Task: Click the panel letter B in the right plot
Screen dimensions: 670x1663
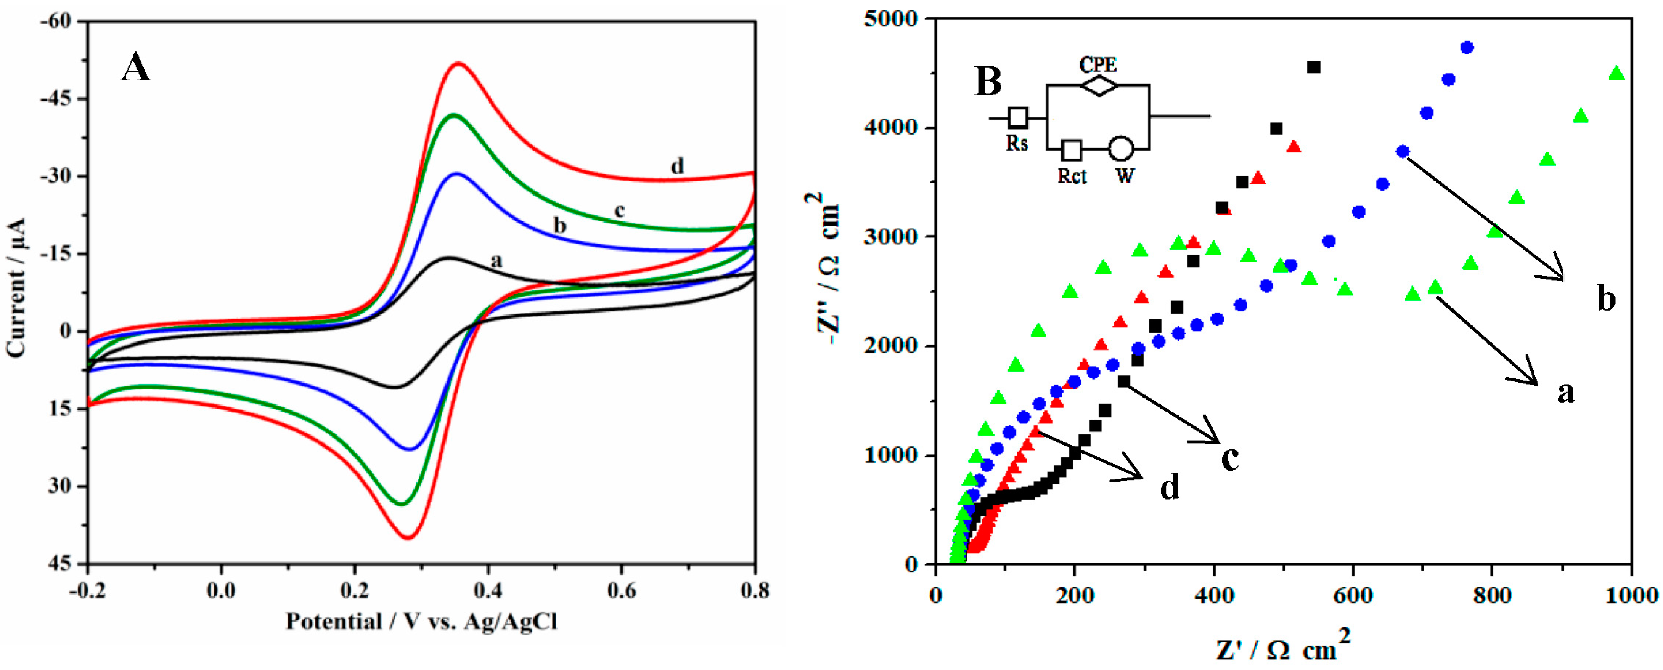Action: tap(988, 82)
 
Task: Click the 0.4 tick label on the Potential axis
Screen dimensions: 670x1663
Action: tap(488, 590)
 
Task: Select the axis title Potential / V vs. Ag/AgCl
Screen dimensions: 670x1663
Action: tap(421, 622)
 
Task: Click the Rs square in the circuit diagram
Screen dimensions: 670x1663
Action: tap(1018, 117)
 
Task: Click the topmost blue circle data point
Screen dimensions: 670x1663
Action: tap(1467, 48)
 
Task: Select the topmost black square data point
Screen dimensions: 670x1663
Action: tap(1313, 67)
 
